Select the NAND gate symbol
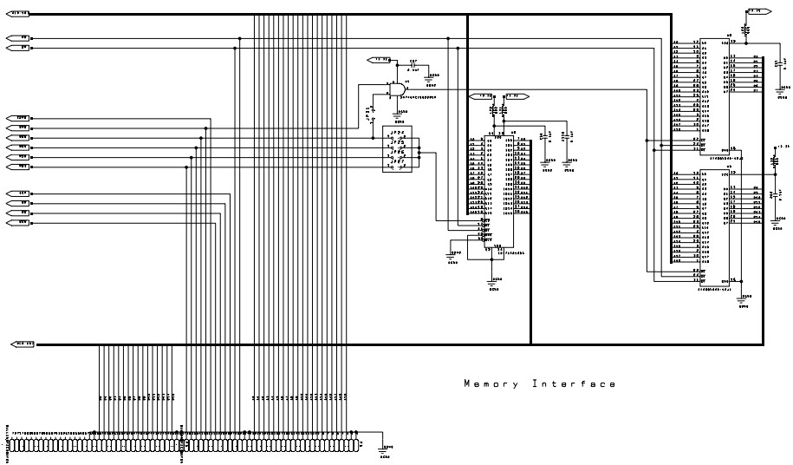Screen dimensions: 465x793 (x=397, y=89)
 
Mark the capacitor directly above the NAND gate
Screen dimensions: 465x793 (x=413, y=66)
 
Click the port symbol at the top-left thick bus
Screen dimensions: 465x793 (x=18, y=13)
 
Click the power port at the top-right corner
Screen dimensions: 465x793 (x=757, y=10)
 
